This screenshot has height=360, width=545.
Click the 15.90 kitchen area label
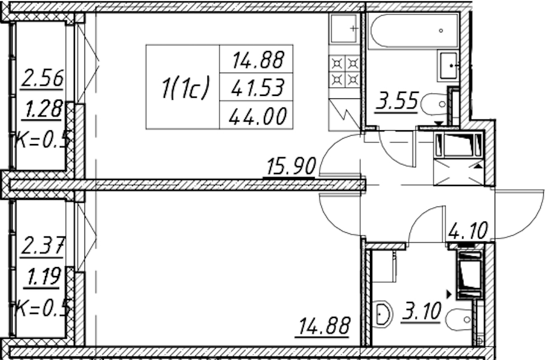(291, 166)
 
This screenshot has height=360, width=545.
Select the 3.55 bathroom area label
(396, 101)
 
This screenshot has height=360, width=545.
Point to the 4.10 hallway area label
(468, 231)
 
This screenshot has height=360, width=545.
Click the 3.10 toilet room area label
(420, 311)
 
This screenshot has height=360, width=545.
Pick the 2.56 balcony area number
(43, 78)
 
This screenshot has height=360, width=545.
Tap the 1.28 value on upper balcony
(43, 109)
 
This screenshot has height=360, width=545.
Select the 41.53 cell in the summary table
(258, 88)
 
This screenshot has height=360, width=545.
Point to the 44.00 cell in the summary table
(258, 116)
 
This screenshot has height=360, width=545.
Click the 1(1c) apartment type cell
(185, 88)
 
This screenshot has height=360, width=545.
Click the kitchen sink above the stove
(344, 29)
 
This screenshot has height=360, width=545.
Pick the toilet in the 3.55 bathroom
(433, 104)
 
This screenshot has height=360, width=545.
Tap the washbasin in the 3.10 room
(384, 314)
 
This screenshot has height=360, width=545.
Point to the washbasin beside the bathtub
(450, 66)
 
